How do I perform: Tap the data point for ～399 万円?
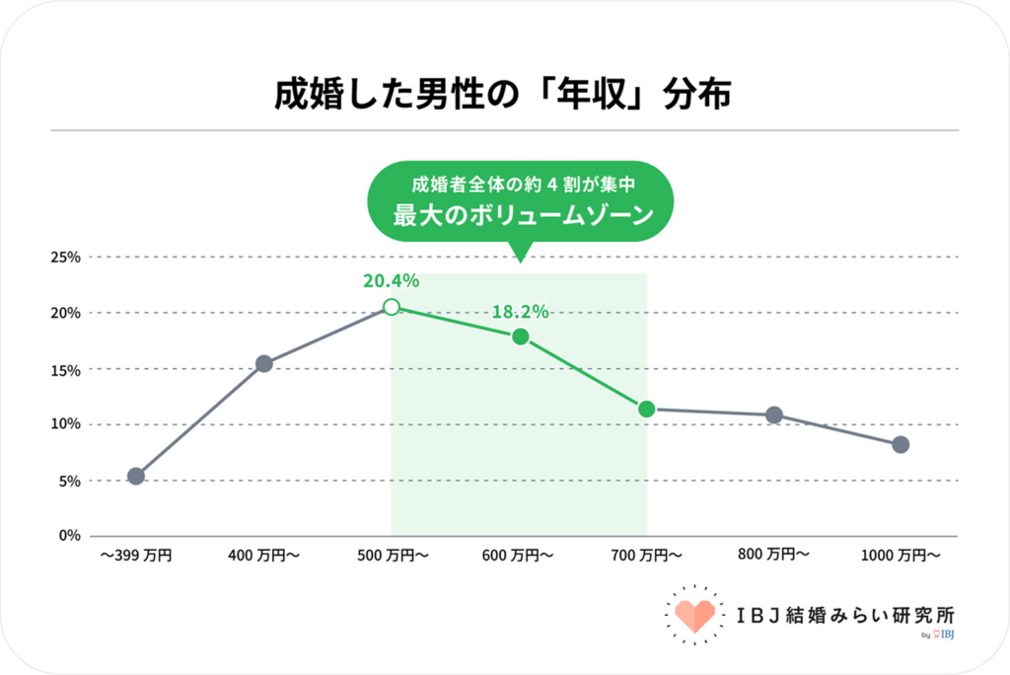click(136, 476)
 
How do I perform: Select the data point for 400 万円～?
click(264, 363)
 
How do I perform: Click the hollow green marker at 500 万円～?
click(392, 307)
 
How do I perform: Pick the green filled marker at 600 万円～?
click(520, 337)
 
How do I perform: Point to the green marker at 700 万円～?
click(647, 409)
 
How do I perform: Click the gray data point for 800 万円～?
click(774, 414)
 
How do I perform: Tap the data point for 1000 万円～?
click(901, 445)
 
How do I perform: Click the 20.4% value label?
click(392, 280)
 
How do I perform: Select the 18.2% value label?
click(520, 311)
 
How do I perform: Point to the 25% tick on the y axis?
click(66, 258)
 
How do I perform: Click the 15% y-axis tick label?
click(66, 369)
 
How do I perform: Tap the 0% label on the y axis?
click(70, 536)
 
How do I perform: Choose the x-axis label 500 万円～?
click(392, 556)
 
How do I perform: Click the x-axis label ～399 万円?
click(136, 556)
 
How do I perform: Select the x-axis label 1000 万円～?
click(901, 556)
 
